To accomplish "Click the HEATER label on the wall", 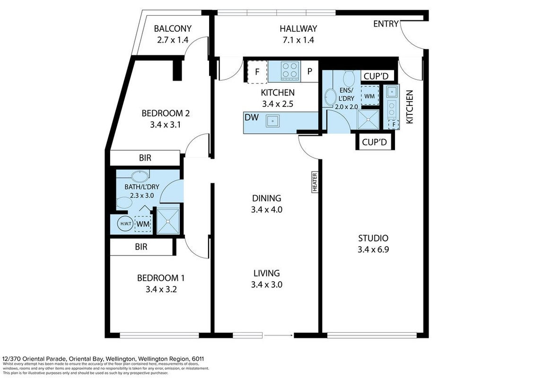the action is pos(315,182).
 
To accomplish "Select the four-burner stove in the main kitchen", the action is pos(290,70).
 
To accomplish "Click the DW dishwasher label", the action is pos(252,117).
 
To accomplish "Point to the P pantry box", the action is pos(309,71).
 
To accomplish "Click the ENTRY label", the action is pos(386,24).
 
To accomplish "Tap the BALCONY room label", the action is pos(173,28).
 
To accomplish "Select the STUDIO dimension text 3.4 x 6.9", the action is pos(373,249).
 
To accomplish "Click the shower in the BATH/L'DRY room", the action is pos(168,221).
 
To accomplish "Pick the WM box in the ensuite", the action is pos(369,96).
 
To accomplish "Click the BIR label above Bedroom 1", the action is pos(141,247).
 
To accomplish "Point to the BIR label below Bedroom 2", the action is pos(145,158).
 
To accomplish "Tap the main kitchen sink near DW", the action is pos(273,120).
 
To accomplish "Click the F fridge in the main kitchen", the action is pos(257,72).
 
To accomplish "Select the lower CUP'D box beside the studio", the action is pos(375,142).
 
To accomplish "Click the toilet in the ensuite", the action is pos(349,78).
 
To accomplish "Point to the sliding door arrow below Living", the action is pos(279,335).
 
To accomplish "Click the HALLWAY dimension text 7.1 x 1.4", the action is pos(298,40).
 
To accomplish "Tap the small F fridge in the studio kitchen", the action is pos(394,124).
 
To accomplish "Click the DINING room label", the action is pos(266,198).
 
